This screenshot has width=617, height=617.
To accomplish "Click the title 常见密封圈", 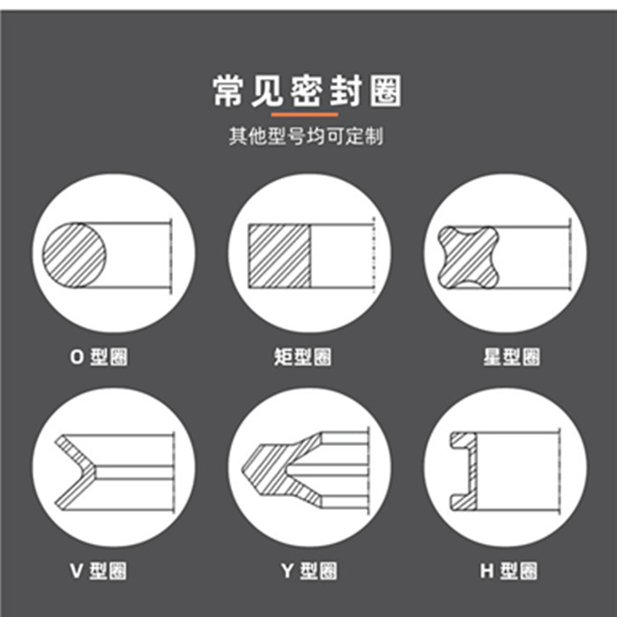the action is [308, 91].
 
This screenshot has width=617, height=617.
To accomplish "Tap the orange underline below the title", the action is [305, 115].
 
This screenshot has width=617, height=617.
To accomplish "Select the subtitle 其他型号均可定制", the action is [306, 136].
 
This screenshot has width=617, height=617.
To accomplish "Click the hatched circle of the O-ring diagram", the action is [74, 255].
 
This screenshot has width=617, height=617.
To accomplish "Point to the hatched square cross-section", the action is [279, 256].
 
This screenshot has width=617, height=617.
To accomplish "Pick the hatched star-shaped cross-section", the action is [469, 257].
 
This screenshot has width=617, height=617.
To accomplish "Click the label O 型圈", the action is [99, 357].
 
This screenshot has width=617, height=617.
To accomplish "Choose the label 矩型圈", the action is [302, 357].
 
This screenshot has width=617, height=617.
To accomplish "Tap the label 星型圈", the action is [511, 357].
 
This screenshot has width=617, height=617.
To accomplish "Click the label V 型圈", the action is [99, 570].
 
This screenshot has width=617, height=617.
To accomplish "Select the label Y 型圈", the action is [308, 570].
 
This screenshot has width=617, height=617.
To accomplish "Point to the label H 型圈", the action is [509, 570].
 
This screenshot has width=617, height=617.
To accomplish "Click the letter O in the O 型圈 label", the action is [78, 357].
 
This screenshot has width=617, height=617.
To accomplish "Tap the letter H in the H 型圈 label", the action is [487, 571].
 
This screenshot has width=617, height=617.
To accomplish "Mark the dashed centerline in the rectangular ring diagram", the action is [374, 255].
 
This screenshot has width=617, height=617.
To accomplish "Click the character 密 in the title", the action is [307, 91].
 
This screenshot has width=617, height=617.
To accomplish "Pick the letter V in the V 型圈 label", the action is [77, 571].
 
